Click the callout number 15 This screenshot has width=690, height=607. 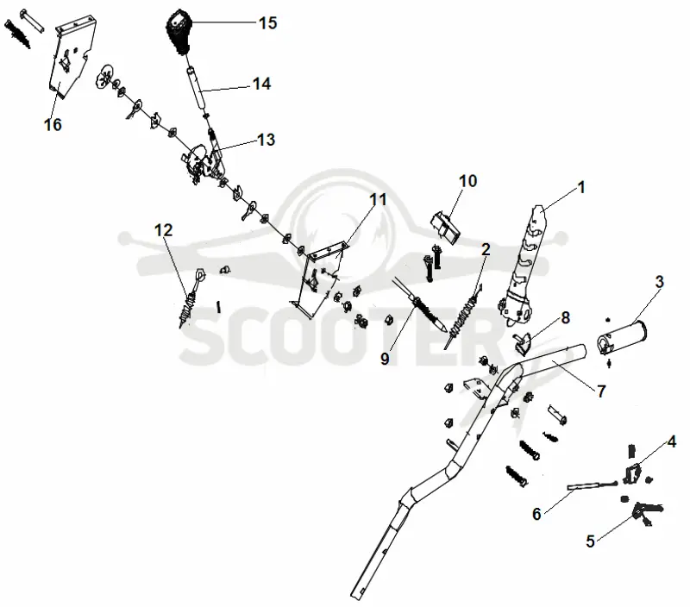268,22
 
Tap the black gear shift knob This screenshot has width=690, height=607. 179,32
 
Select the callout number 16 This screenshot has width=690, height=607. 53,124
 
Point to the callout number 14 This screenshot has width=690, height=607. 261,84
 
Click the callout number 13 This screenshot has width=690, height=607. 266,140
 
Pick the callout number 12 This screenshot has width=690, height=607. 163,229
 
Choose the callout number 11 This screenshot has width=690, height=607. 378,199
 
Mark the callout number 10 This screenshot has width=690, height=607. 467,180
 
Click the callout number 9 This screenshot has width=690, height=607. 385,359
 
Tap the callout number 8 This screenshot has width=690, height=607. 566,317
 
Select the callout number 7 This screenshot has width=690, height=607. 601,391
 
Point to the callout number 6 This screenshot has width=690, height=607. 536,513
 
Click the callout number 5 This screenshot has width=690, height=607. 591,541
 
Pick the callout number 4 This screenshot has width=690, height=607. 672,441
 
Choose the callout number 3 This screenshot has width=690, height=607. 659,281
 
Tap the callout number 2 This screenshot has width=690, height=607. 486,249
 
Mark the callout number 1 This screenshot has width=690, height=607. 580,187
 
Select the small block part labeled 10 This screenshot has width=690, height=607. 445,227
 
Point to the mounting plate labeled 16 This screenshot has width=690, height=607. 73,56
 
